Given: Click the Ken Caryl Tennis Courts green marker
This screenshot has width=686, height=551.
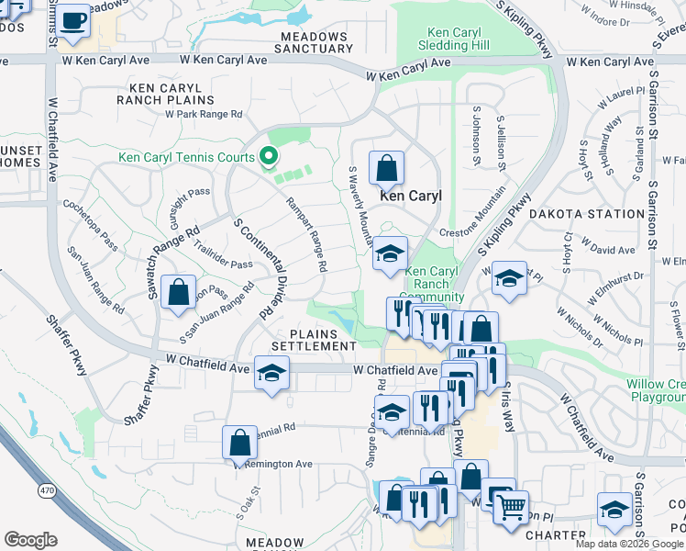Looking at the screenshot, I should (x=269, y=157).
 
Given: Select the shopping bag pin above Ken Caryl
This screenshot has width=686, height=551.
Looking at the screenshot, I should (x=386, y=168).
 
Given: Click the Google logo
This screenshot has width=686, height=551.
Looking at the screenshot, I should (x=30, y=540).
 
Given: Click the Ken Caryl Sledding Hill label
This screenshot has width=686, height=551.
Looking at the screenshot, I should (x=456, y=38).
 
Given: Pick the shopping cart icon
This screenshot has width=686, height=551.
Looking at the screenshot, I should (x=511, y=504).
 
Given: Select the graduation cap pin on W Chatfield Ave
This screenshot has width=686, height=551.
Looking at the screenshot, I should (x=271, y=373).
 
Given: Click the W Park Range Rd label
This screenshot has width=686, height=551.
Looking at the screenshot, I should (x=204, y=115).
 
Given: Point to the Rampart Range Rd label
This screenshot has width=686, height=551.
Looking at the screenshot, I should (x=305, y=235).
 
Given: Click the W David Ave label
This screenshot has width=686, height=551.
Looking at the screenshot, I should (x=614, y=250).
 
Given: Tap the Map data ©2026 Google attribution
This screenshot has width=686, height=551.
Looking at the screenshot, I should (x=628, y=544).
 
